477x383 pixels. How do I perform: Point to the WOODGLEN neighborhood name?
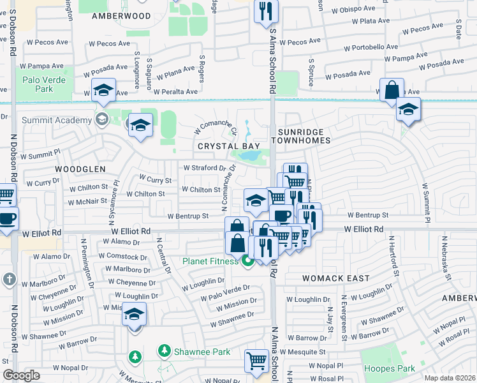pos(79,169)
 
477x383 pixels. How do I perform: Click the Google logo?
pos(21,375)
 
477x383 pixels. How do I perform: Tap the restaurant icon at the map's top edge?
pos(264,11)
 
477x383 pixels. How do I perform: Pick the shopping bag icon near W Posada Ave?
pos(392,90)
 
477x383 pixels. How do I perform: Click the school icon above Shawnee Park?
pos(134,314)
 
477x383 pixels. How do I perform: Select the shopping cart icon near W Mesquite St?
pos(256,360)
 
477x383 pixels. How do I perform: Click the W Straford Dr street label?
pos(205,168)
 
